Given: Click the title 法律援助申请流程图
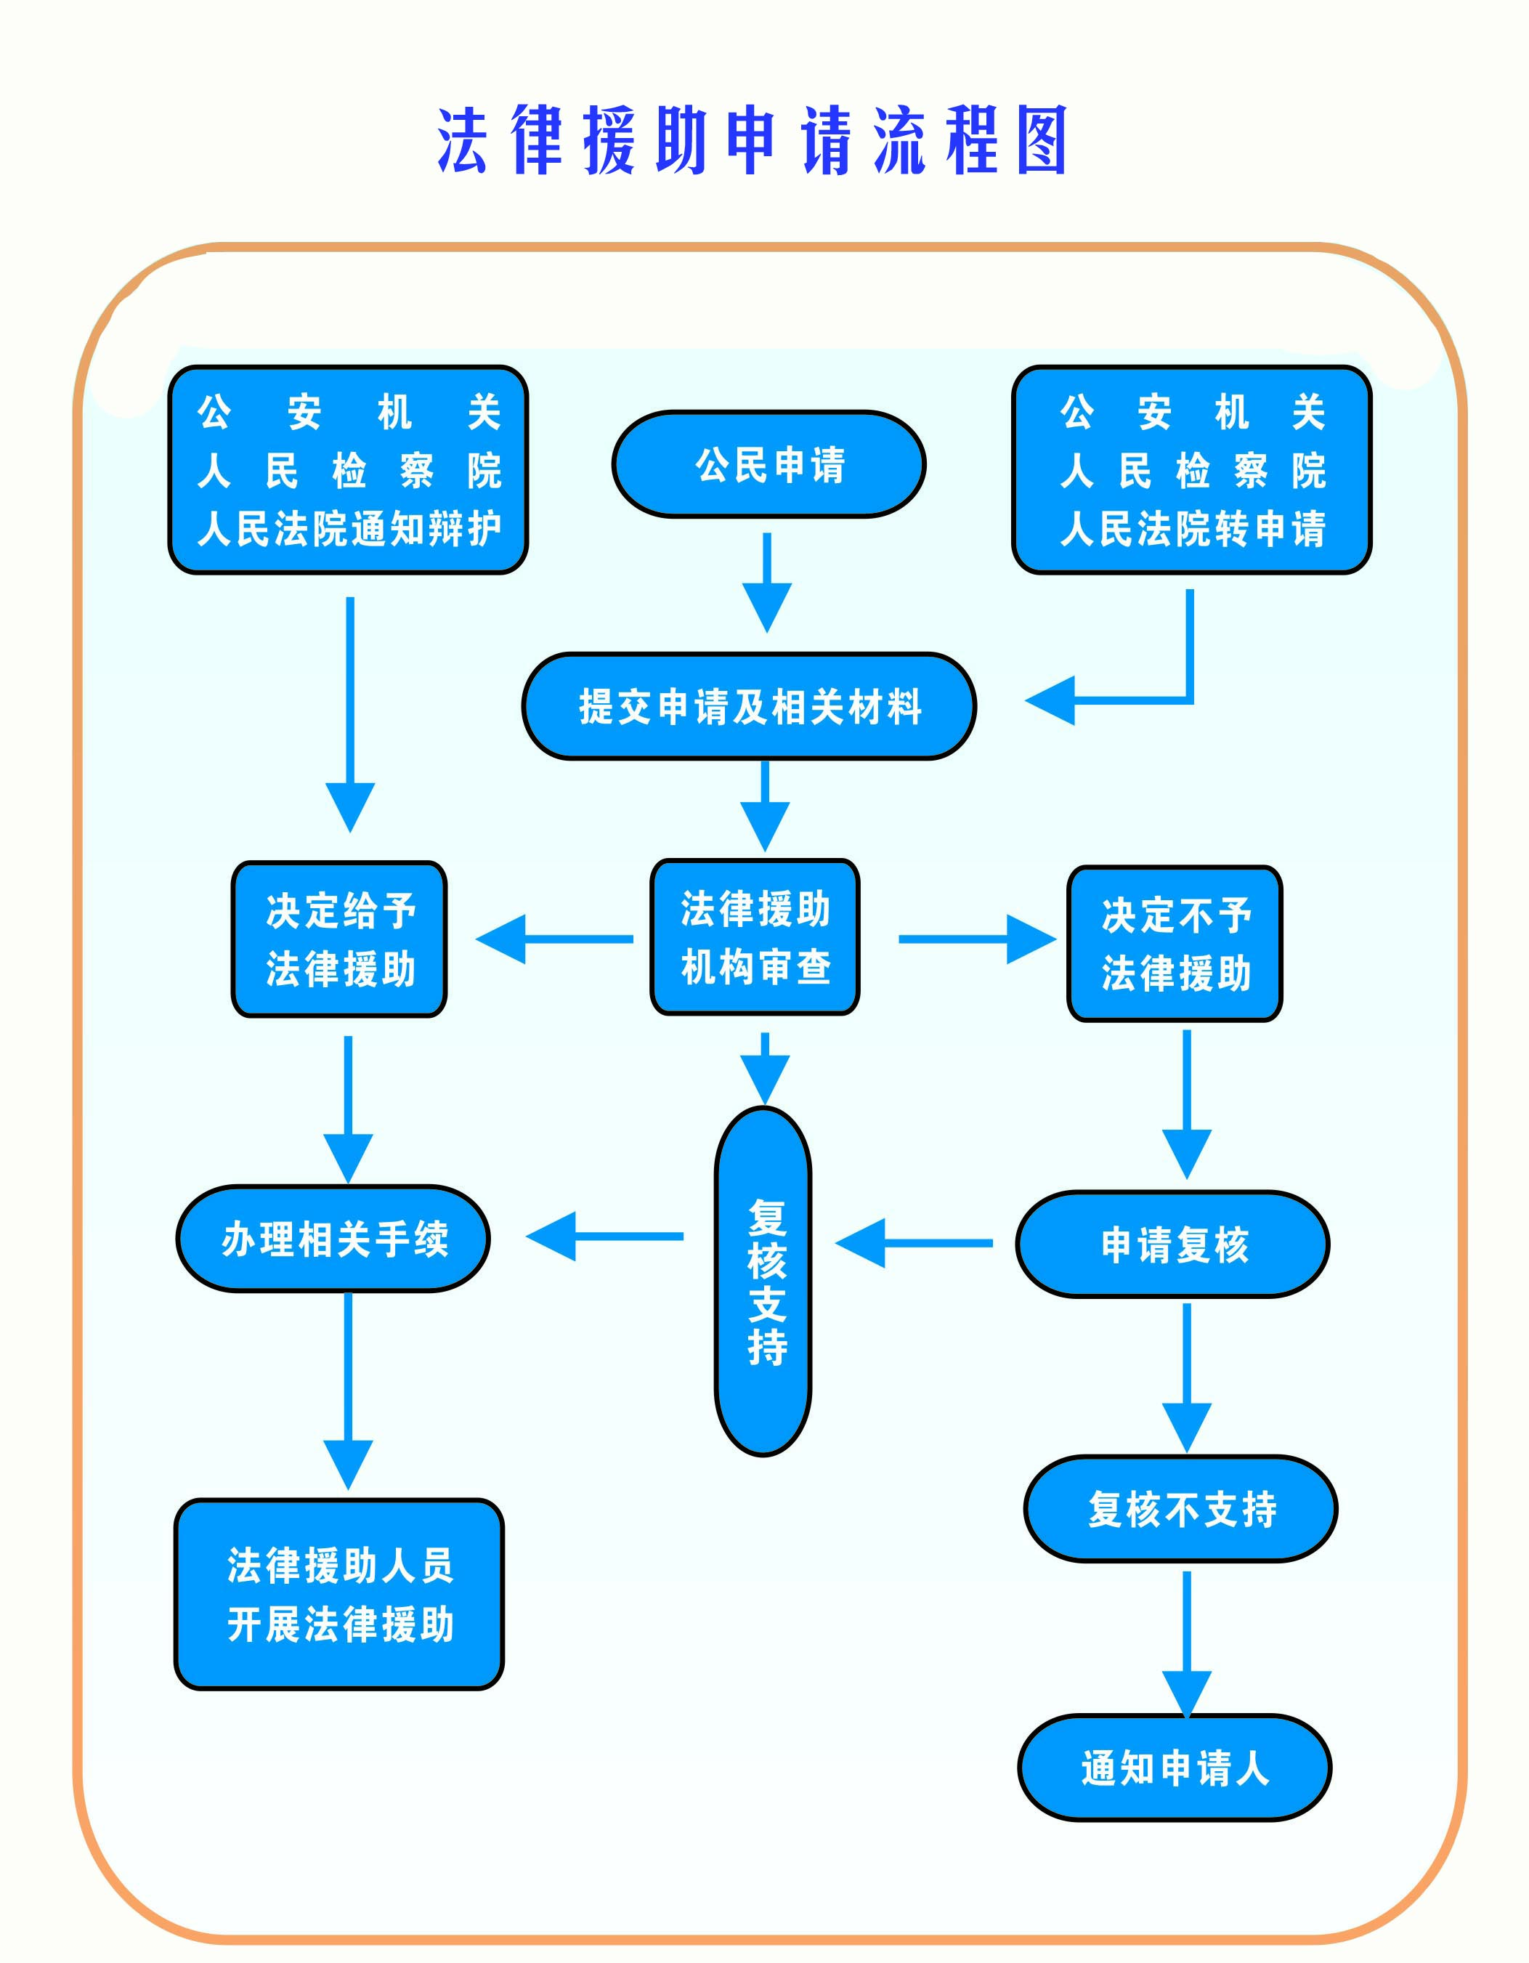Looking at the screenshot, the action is (753, 140).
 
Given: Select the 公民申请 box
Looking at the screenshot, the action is (768, 464).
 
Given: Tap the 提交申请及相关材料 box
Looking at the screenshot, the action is (749, 705).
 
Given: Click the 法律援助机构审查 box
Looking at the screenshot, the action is (755, 936).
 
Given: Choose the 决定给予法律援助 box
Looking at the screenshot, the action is (339, 939).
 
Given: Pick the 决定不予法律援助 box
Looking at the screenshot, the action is (1175, 944).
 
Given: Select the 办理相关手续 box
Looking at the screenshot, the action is (333, 1239).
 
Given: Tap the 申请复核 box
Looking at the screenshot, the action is (1173, 1244).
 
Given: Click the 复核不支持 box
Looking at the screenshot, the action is (1181, 1508).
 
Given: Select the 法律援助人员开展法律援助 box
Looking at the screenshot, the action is (339, 1595).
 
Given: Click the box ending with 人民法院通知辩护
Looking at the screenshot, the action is (348, 469).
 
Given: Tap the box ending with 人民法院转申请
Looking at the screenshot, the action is (1192, 469).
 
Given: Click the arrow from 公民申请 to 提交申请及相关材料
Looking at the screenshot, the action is (767, 583).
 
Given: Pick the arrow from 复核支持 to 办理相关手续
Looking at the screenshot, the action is (604, 1236).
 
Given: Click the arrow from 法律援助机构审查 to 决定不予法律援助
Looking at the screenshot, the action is (978, 939).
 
